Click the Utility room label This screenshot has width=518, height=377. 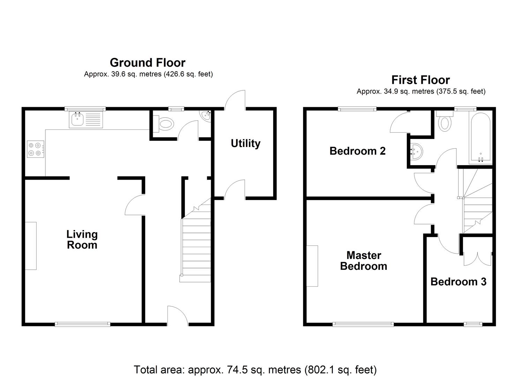click(x=246, y=143)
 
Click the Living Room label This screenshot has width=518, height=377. click(x=82, y=239)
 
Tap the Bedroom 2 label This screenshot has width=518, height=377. click(x=357, y=151)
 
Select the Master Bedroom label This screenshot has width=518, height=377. click(x=363, y=261)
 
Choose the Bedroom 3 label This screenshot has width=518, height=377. click(x=458, y=282)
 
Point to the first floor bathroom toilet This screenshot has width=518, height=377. click(x=444, y=122)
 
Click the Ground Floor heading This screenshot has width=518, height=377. click(x=148, y=63)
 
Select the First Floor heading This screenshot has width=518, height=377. click(x=420, y=80)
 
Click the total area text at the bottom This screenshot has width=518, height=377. click(x=255, y=369)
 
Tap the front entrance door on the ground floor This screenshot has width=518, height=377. click(x=178, y=317)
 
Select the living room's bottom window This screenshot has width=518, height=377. click(x=82, y=324)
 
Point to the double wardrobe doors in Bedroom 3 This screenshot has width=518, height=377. click(x=477, y=258)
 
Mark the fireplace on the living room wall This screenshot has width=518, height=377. click(x=31, y=246)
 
